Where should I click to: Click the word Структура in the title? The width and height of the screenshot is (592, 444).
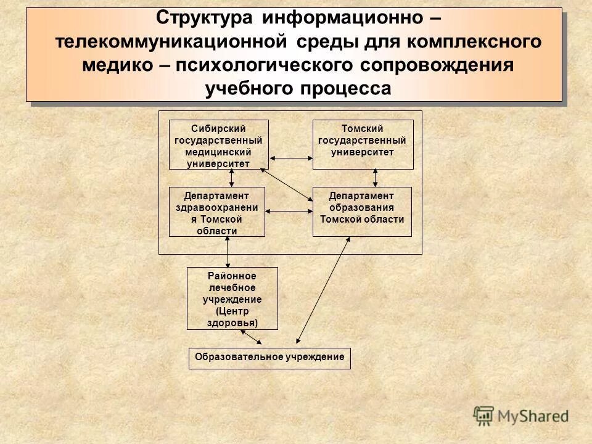click(x=205, y=17)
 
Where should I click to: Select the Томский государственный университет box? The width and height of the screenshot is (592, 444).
click(x=363, y=145)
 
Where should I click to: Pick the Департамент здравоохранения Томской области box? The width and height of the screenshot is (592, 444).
click(x=216, y=212)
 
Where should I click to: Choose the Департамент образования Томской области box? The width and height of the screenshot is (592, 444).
click(x=362, y=212)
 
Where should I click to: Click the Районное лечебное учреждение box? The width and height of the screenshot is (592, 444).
click(x=232, y=298)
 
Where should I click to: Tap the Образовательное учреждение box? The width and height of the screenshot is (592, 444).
click(x=269, y=358)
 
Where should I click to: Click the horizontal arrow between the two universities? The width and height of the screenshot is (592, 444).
click(x=292, y=158)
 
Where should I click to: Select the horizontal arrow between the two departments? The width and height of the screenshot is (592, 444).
click(x=289, y=212)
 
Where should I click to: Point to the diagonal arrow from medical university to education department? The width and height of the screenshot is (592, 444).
click(x=287, y=184)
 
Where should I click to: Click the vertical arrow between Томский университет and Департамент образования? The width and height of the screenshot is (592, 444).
click(x=375, y=178)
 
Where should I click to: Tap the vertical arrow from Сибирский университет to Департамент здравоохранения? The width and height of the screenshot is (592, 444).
click(x=231, y=178)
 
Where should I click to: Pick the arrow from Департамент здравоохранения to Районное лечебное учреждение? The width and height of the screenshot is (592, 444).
click(x=228, y=252)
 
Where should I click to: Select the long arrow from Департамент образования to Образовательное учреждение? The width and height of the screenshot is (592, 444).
click(x=323, y=290)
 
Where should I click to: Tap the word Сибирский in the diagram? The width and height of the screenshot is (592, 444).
click(x=219, y=128)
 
